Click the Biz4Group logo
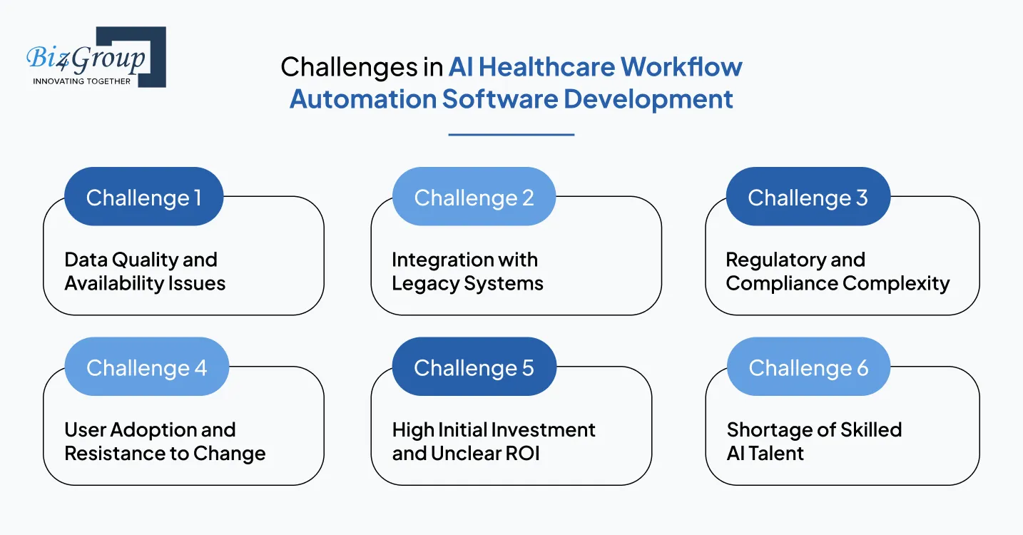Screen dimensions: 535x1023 (96, 57)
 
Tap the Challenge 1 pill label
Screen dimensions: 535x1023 (143, 198)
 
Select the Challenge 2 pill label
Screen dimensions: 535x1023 (474, 198)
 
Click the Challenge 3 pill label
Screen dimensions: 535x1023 (808, 198)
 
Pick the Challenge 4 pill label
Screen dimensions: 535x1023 (146, 368)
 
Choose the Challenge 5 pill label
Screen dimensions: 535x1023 (474, 368)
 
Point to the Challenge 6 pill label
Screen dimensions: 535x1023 (808, 368)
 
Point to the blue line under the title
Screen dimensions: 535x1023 (511, 134)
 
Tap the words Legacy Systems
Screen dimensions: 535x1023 (467, 283)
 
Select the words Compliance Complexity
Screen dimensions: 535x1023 (838, 283)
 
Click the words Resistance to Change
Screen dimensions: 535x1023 (165, 454)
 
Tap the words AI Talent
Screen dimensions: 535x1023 (765, 454)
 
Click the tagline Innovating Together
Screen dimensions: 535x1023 (82, 81)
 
